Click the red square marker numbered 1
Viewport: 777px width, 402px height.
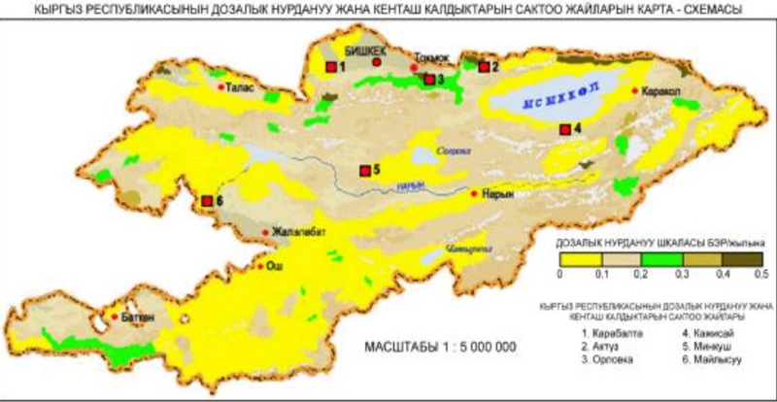(x=331, y=66)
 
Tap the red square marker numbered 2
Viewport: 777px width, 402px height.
(x=483, y=66)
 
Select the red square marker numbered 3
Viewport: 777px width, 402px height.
(x=429, y=79)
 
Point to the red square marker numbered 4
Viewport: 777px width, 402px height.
(x=564, y=128)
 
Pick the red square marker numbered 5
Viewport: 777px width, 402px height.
(x=365, y=171)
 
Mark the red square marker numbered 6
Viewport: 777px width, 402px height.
(x=207, y=201)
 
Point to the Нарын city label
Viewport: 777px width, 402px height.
(x=496, y=193)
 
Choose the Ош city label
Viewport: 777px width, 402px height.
(x=276, y=263)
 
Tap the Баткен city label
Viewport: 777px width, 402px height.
(x=136, y=316)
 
